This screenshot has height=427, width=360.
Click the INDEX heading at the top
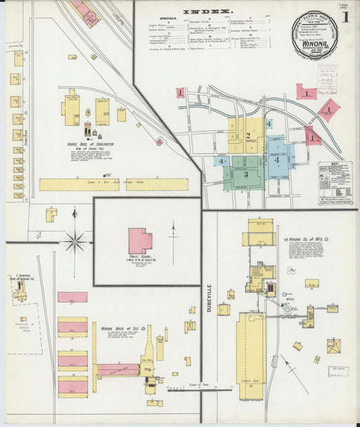point(209,11)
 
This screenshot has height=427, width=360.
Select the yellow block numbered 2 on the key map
point(248,135)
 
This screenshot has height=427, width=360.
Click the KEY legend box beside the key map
point(336,182)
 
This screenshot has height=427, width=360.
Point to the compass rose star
point(75,240)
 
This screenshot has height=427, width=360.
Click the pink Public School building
point(140,241)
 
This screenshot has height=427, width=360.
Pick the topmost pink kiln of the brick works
point(72,297)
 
